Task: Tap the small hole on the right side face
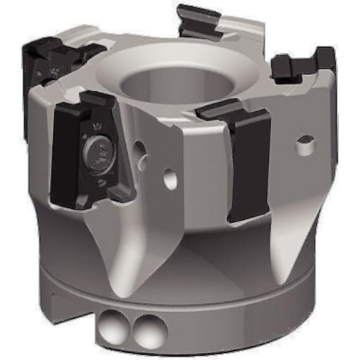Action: [x=306, y=142]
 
